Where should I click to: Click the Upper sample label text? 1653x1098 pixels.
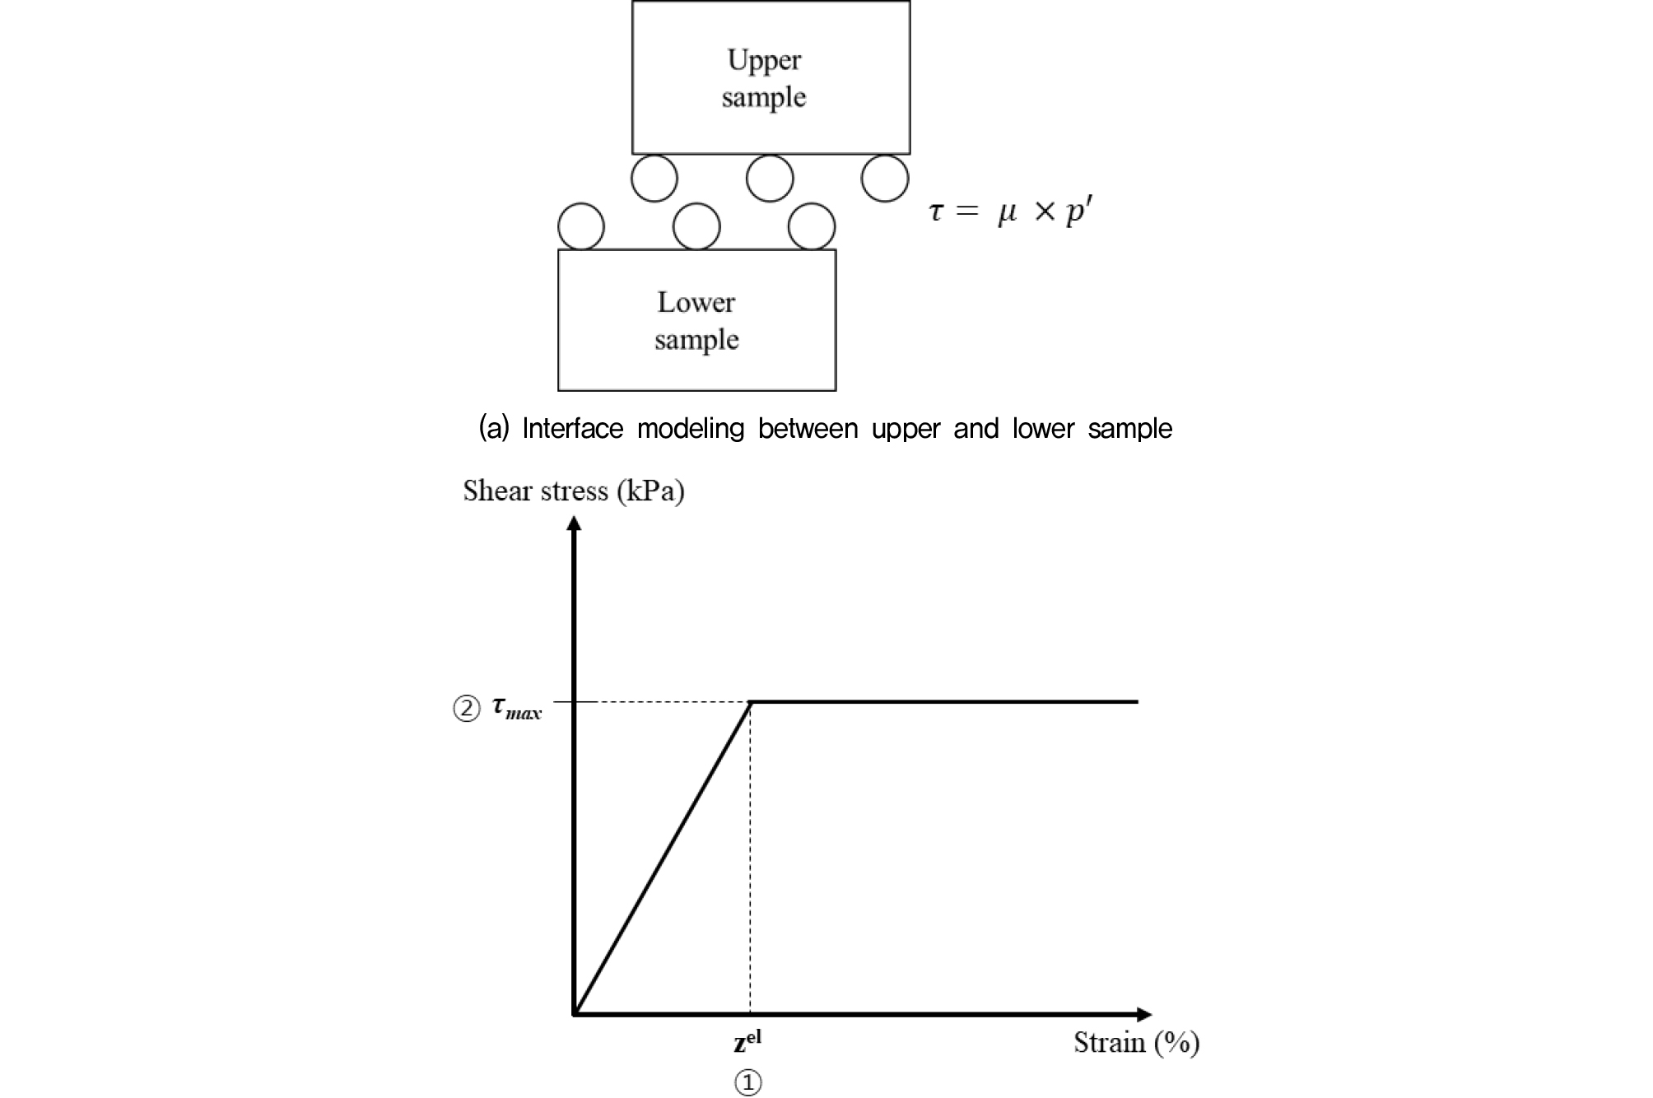click(764, 78)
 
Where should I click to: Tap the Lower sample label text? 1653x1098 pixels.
click(696, 321)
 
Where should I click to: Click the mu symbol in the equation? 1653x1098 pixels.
click(1008, 214)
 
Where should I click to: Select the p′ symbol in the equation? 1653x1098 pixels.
click(1079, 212)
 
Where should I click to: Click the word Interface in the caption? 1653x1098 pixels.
click(573, 429)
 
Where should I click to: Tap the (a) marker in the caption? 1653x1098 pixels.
click(494, 429)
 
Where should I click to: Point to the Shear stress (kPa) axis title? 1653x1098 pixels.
click(574, 491)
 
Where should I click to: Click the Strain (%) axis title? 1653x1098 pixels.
click(1136, 1043)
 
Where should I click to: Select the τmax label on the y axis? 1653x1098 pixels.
click(516, 708)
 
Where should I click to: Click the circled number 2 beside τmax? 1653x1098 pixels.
click(467, 709)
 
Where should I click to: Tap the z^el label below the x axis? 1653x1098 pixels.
click(747, 1040)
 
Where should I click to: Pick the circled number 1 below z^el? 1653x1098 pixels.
click(747, 1082)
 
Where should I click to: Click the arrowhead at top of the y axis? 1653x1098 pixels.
click(575, 523)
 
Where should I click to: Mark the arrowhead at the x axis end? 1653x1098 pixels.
click(1144, 1015)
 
